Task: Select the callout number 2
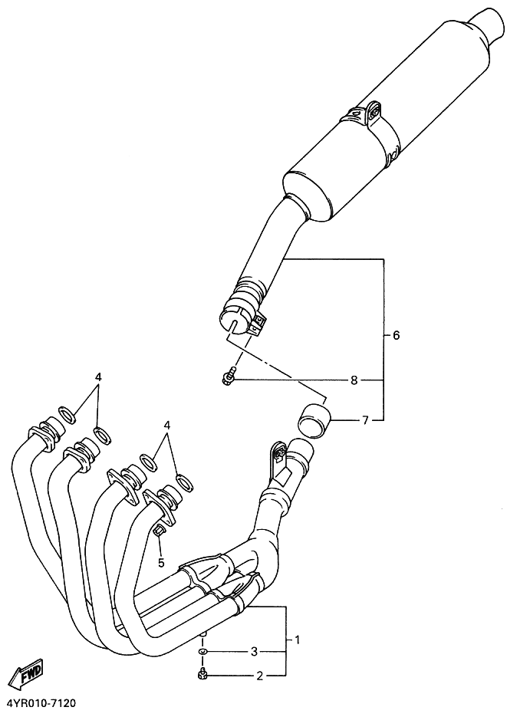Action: [260, 676]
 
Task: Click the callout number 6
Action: [396, 336]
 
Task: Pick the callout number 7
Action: [366, 420]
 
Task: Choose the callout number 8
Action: [354, 380]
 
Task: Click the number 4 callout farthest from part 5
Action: [98, 377]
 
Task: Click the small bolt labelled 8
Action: [228, 377]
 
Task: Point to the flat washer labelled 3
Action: [202, 652]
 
